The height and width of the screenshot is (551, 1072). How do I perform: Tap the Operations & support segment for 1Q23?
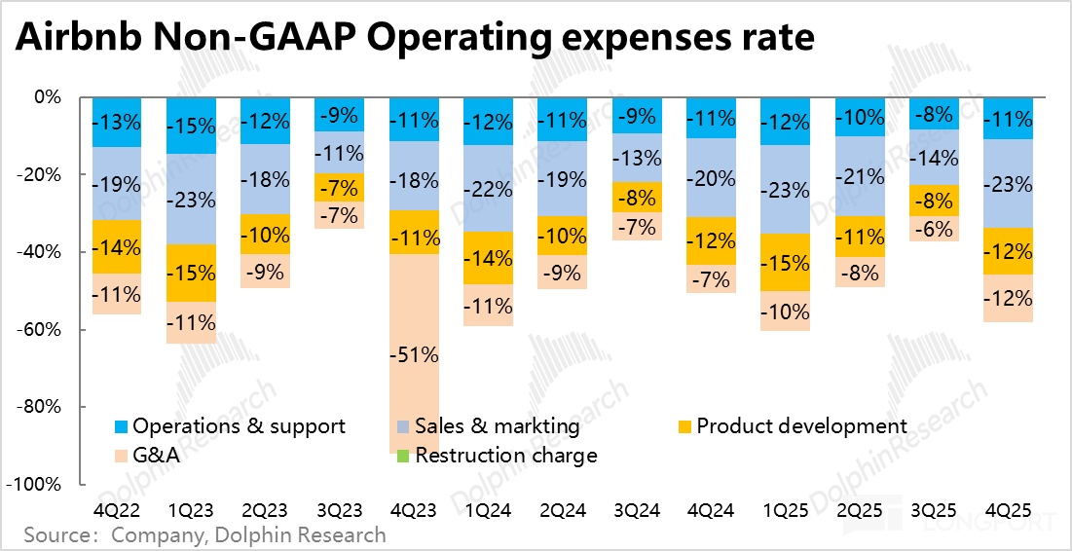coord(191,126)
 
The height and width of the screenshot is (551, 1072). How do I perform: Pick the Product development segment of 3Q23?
coord(340,187)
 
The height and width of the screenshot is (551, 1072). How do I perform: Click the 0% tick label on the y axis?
coord(48,97)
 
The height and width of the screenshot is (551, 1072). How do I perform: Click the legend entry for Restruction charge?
coord(505,456)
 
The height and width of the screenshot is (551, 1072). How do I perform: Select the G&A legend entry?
coord(157,456)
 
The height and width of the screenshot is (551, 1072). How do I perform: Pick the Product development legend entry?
coord(800,426)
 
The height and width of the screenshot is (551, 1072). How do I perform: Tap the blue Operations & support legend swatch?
coord(121,427)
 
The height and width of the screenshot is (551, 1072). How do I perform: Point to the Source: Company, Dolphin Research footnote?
coord(204,535)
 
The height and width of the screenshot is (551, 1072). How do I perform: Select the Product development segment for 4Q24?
coord(711,240)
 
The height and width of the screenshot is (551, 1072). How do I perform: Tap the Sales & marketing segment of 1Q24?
coord(488,188)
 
